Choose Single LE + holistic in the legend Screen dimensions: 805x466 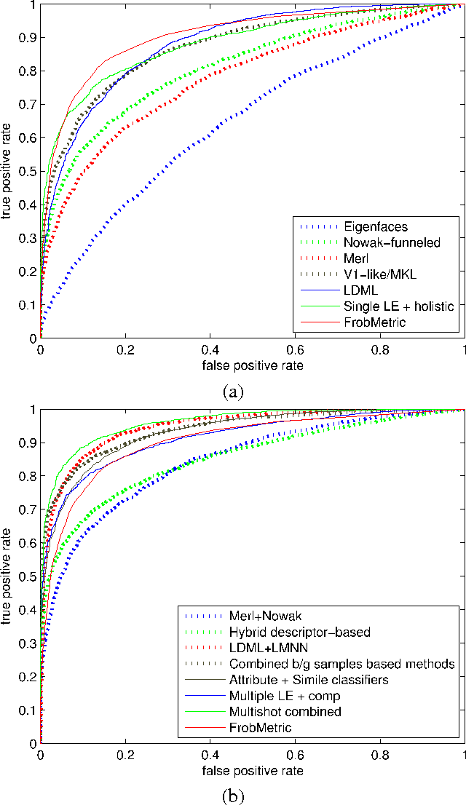tap(399, 306)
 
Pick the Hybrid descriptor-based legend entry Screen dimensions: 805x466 tap(300, 632)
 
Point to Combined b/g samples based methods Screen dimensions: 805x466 tap(341, 664)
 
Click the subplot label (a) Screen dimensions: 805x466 tap(232, 392)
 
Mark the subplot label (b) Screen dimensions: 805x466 tap(232, 796)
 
